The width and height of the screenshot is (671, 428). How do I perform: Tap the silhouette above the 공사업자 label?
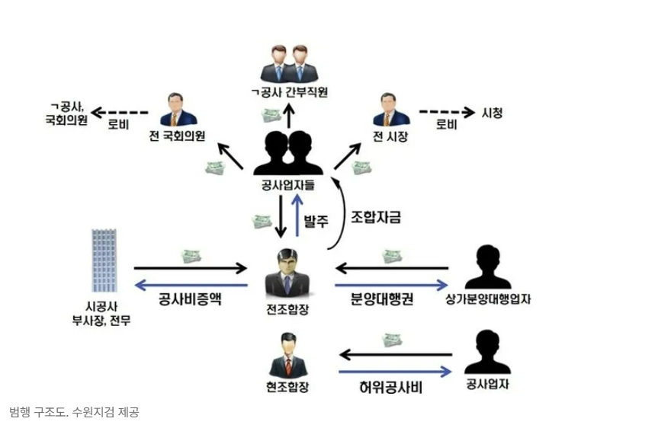click(x=488, y=353)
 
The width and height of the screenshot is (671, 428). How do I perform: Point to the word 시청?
click(x=493, y=113)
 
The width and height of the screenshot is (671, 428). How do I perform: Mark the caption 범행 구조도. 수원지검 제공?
click(x=74, y=412)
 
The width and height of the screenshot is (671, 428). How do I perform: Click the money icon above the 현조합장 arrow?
click(x=393, y=340)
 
